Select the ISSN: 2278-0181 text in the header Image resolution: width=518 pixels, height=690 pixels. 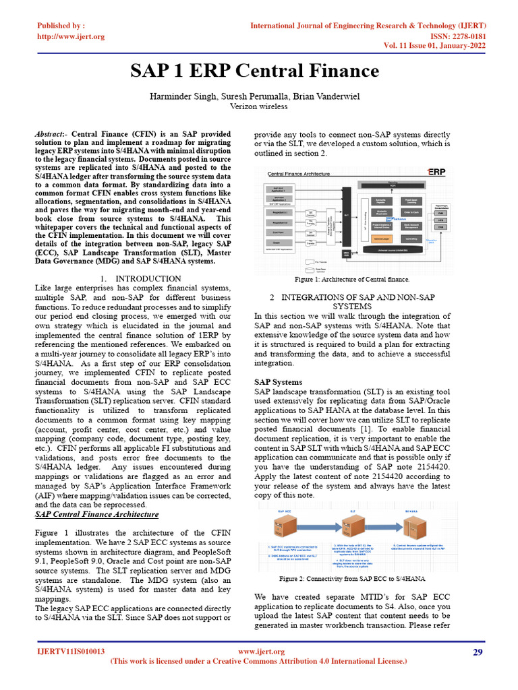point(457,36)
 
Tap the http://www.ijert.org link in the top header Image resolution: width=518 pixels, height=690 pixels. point(71,36)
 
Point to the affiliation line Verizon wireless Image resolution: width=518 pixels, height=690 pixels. point(258,106)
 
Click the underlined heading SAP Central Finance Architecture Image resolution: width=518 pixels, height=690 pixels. point(96,514)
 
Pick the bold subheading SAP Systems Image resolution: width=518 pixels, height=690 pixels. point(278,382)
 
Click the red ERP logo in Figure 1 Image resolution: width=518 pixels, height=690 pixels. point(436,172)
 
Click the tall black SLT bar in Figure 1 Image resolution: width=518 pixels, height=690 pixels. point(347,216)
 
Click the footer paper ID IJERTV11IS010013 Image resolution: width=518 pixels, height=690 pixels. point(70,652)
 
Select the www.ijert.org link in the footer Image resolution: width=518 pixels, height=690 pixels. point(262,652)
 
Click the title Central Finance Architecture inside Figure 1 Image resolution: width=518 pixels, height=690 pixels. point(299,174)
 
